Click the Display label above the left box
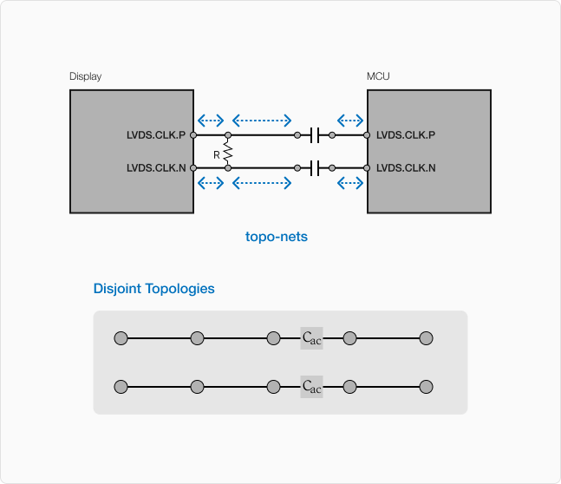(85, 76)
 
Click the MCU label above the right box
(378, 76)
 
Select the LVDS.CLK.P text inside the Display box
(156, 135)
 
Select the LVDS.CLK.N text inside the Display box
(156, 167)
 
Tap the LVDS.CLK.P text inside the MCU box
(406, 135)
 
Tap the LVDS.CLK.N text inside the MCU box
(406, 167)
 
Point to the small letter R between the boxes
(216, 154)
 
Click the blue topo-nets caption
(277, 236)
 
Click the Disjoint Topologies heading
(153, 289)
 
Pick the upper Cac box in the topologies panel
(311, 338)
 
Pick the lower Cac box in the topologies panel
(311, 387)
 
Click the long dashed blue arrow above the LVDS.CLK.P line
(262, 121)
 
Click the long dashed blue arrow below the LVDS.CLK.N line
(262, 183)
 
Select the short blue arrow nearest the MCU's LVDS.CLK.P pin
(349, 121)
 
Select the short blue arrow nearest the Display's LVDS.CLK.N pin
(211, 183)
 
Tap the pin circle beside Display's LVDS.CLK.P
(193, 135)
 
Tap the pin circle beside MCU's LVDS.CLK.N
(367, 167)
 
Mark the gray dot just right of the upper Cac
(350, 338)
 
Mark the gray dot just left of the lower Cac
(273, 387)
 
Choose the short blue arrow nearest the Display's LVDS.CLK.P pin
(211, 121)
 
